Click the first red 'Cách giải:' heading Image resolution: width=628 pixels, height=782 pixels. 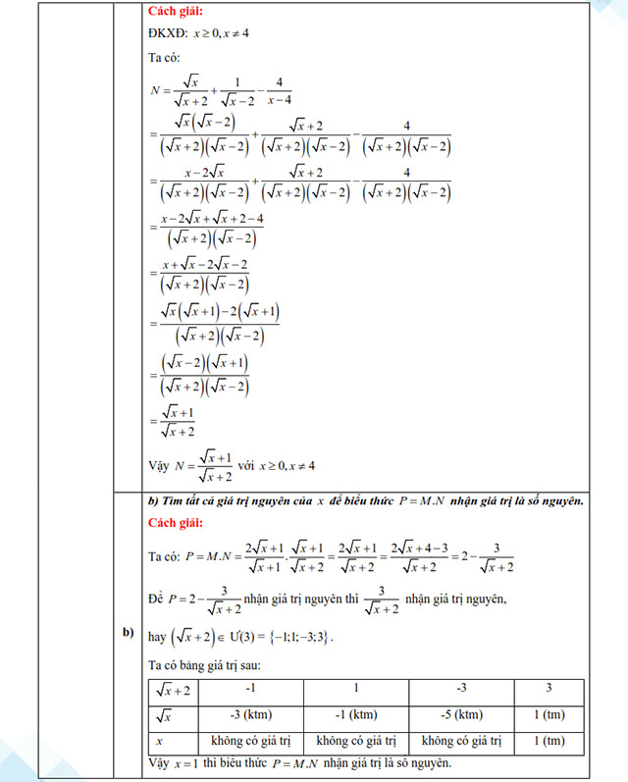[177, 12]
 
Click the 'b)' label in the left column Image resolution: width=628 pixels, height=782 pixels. [129, 632]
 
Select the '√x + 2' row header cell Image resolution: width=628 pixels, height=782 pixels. [174, 690]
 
